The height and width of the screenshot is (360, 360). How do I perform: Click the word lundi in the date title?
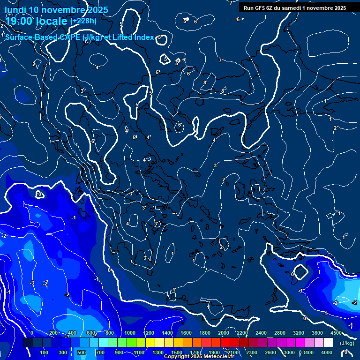click(15, 10)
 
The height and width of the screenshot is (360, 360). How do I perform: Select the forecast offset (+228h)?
click(83, 21)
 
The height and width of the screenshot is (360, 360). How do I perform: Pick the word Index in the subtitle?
click(144, 37)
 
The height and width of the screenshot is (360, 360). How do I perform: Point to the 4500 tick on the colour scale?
click(336, 333)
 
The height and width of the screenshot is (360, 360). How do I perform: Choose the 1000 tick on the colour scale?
click(130, 333)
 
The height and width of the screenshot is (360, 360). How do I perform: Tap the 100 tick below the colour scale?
click(45, 352)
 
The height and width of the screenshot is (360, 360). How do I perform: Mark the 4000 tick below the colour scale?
click(327, 352)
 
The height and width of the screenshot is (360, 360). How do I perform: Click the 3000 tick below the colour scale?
click(289, 352)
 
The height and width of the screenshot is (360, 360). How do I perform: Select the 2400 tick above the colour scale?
click(261, 333)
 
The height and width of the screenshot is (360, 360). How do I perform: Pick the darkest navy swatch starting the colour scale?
click(28, 343)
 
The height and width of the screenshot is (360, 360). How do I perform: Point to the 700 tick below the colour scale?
click(100, 352)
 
